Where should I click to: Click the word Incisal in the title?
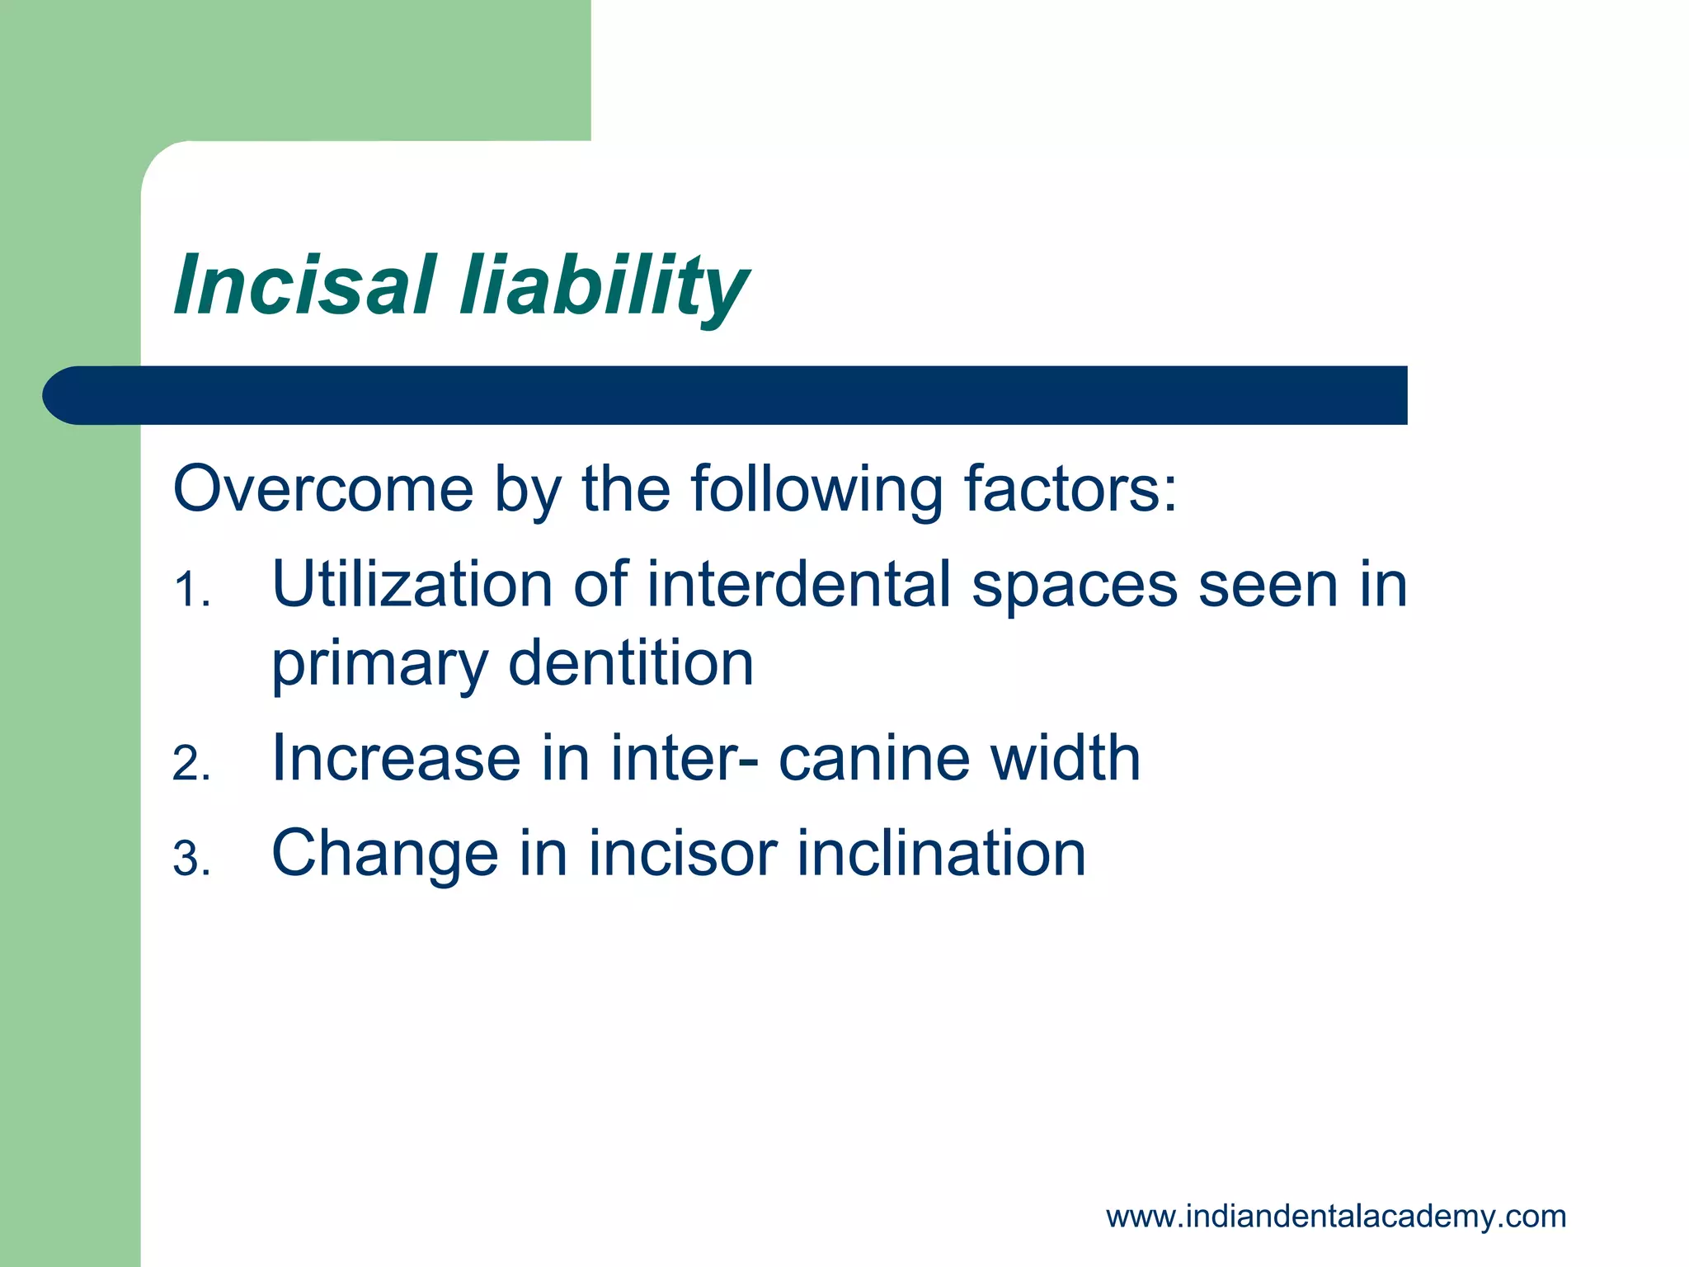pyautogui.click(x=303, y=285)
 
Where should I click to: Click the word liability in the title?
pyautogui.click(x=604, y=285)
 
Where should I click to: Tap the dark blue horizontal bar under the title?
pyautogui.click(x=726, y=395)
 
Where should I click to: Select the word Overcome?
pyautogui.click(x=323, y=489)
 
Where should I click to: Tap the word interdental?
pyautogui.click(x=798, y=585)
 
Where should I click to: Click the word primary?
pyautogui.click(x=379, y=665)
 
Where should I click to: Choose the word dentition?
pyautogui.click(x=631, y=663)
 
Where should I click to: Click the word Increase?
pyautogui.click(x=396, y=758)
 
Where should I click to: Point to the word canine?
pyautogui.click(x=874, y=758)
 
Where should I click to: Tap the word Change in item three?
pyautogui.click(x=384, y=854)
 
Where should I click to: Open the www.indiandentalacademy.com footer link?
pyautogui.click(x=1335, y=1216)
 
